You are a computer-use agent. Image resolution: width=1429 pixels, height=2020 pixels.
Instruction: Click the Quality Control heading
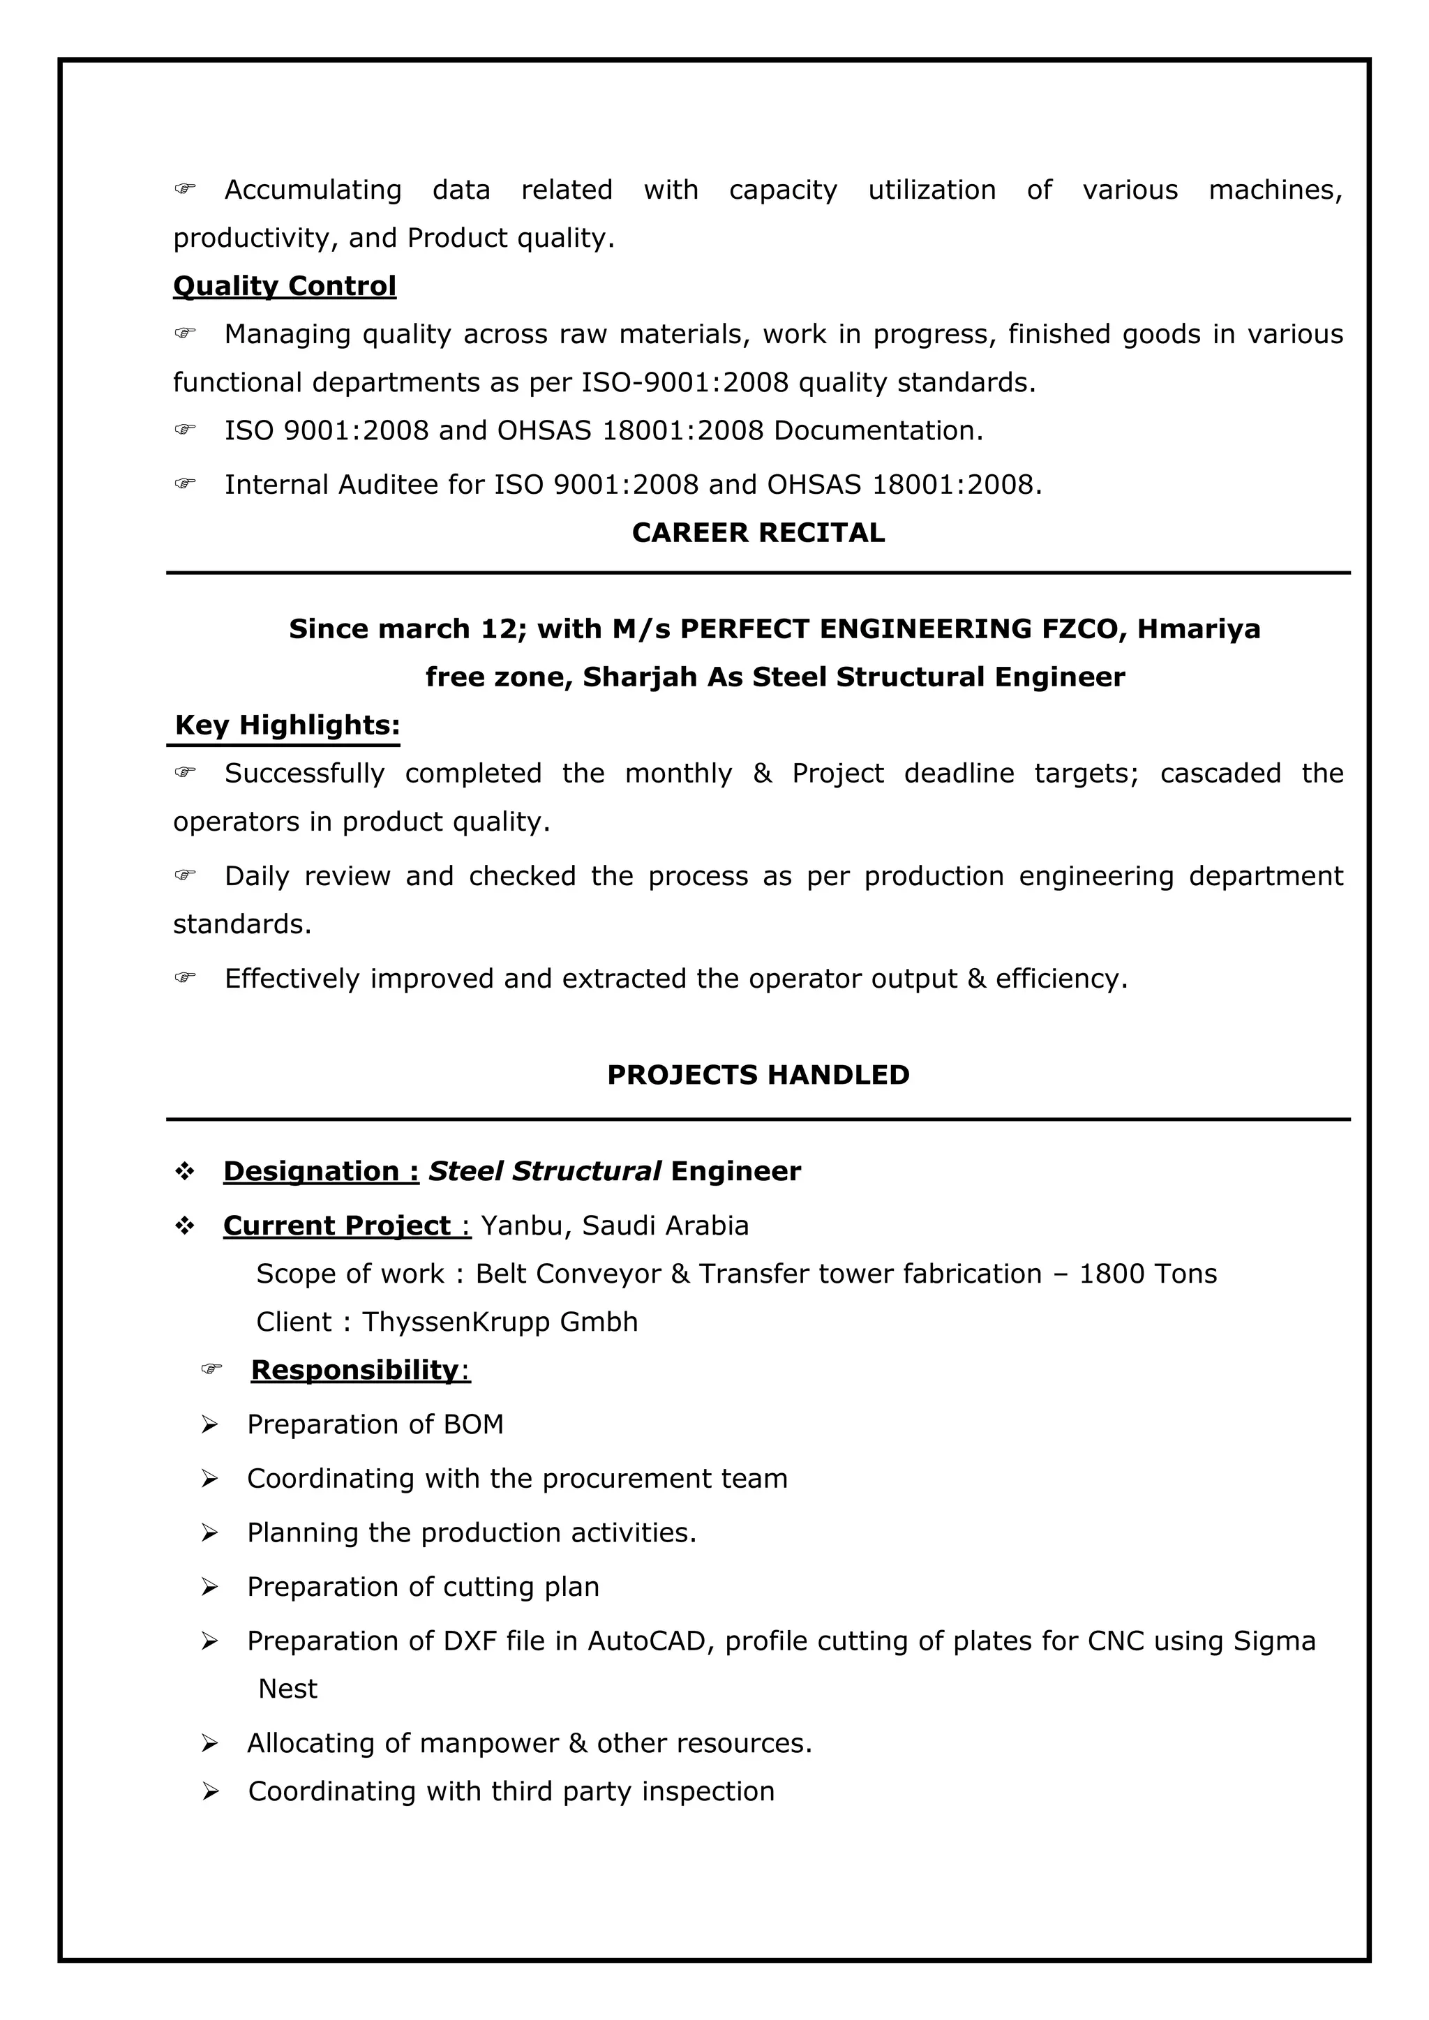(284, 286)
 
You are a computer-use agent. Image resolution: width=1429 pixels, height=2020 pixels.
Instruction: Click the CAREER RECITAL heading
(758, 532)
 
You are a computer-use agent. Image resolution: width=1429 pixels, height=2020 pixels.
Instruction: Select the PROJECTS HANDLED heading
(758, 1074)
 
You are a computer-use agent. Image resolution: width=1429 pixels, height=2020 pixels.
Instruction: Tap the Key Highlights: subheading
(287, 725)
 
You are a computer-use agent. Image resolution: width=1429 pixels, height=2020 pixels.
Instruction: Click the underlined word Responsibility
(354, 1369)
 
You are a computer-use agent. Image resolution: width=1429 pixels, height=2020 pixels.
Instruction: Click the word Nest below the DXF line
(287, 1688)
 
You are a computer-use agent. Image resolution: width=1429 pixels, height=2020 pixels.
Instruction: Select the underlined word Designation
(311, 1171)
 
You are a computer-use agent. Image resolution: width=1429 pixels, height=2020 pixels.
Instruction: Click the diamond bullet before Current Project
(185, 1226)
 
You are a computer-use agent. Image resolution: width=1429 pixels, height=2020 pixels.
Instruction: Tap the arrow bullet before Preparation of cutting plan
(209, 1586)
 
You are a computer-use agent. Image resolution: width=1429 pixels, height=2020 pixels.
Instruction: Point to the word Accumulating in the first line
(313, 190)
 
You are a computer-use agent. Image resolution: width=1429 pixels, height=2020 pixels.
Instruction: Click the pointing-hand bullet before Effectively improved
(185, 977)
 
